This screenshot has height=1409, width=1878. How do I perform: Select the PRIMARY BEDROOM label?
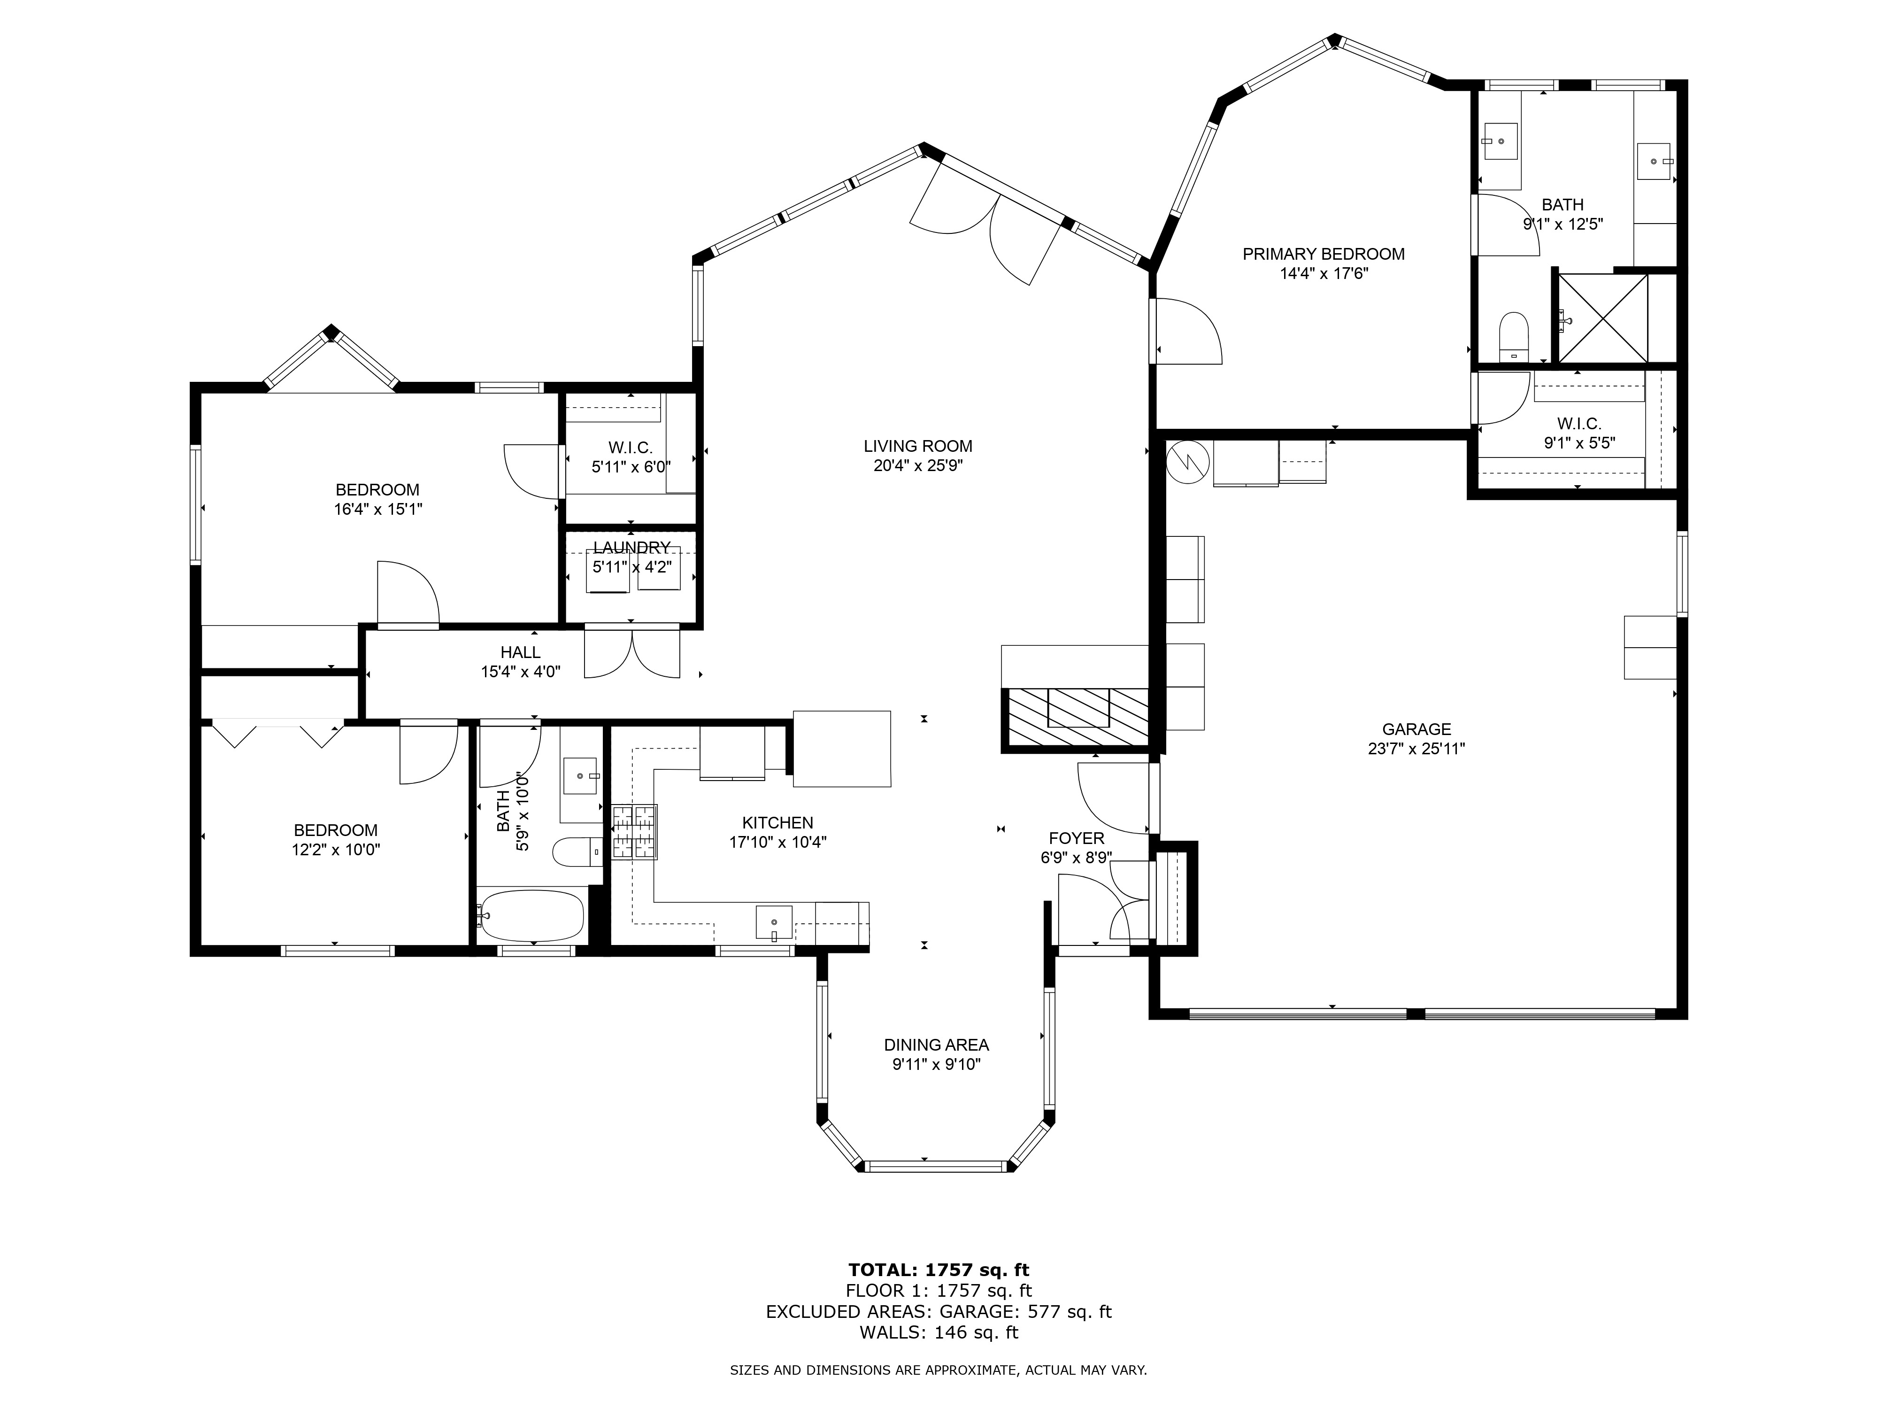(x=1323, y=254)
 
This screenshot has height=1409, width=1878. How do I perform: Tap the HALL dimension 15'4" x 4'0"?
(x=520, y=672)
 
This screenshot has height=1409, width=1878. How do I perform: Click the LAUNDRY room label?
(x=631, y=548)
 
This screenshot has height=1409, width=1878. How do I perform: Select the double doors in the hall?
(x=631, y=652)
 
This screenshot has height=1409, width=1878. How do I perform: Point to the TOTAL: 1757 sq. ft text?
(x=938, y=1270)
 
